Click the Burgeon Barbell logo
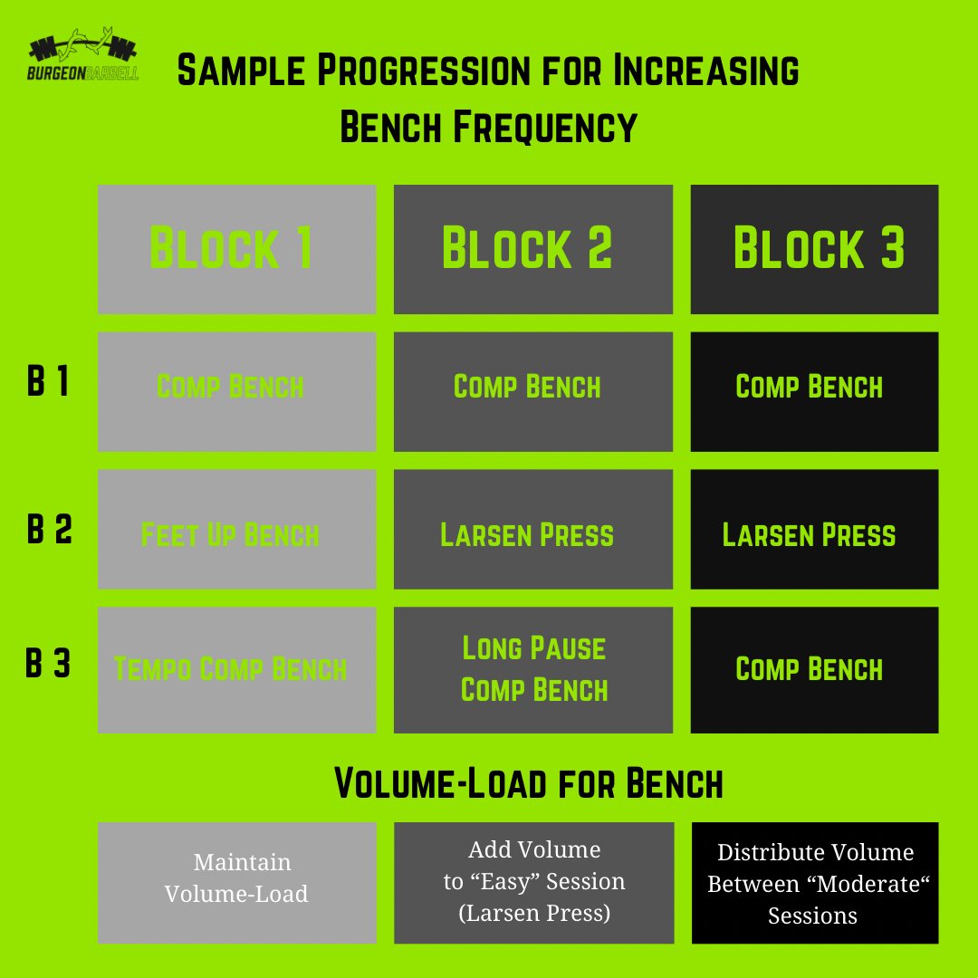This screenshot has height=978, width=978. click(83, 56)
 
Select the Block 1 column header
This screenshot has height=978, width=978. click(236, 249)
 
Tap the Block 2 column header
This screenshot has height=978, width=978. click(532, 249)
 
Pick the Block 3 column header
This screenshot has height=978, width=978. click(814, 249)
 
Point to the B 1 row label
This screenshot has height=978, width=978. click(48, 382)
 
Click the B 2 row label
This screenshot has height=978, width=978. click(49, 530)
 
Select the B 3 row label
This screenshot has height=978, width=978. click(48, 664)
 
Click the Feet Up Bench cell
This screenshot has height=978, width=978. click(236, 534)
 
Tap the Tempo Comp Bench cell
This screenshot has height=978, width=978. click(236, 669)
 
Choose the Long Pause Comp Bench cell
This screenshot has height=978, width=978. click(532, 669)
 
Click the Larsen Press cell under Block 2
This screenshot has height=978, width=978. click(532, 534)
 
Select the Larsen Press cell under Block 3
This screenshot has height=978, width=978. click(814, 534)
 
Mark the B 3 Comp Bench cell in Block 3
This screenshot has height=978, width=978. click(814, 669)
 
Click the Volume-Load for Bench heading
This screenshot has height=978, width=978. click(529, 783)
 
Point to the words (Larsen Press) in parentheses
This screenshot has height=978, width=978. click(534, 913)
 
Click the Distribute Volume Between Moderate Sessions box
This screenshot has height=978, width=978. click(814, 883)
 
